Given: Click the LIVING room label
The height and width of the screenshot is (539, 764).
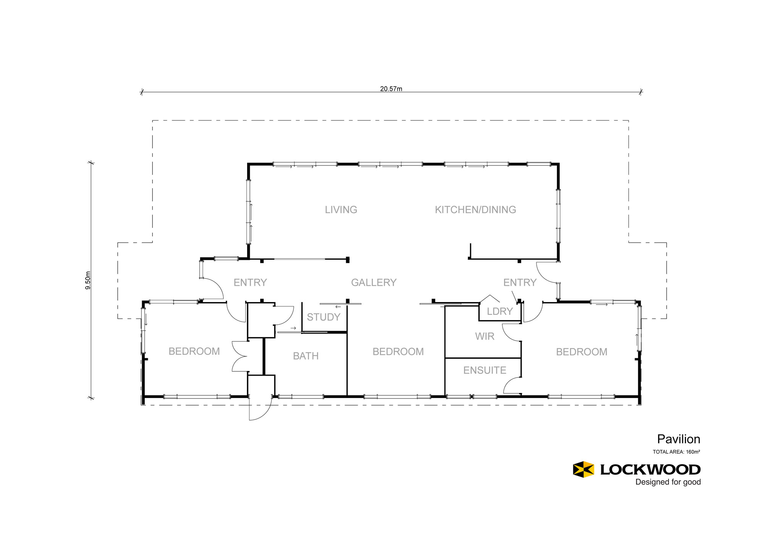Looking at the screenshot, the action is point(341,210).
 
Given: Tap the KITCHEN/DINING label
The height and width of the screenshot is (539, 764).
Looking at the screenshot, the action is point(476,210).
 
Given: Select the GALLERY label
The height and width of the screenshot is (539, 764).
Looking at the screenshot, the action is point(374,283).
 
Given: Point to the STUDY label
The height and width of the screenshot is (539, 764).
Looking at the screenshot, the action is point(324,317).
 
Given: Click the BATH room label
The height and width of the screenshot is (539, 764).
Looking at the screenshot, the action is point(306,356).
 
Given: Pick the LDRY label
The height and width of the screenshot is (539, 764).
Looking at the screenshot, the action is point(500,311).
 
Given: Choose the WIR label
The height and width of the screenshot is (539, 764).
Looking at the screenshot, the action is point(485,337).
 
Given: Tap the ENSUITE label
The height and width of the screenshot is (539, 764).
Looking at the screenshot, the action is point(485,370).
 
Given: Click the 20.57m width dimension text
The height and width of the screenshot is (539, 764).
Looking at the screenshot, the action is point(391,89).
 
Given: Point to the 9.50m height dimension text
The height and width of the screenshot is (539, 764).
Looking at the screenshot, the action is point(88,280).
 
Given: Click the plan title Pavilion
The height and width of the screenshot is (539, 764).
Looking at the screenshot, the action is point(679,439).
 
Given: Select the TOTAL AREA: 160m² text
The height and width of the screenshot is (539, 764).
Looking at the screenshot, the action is point(677,452).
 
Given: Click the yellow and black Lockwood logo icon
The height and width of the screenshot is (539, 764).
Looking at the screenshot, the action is point(583,469).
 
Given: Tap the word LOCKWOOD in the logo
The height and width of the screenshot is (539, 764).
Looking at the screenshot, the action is point(651,469).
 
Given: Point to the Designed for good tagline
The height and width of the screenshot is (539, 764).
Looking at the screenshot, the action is point(668,482).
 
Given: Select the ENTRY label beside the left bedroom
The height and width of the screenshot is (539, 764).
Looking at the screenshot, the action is point(250,283).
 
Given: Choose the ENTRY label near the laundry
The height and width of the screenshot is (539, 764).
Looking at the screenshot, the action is point(520,283).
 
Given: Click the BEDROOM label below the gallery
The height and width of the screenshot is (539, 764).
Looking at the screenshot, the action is point(398,352).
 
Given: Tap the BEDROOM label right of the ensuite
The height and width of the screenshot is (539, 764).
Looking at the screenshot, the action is point(581,352).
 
